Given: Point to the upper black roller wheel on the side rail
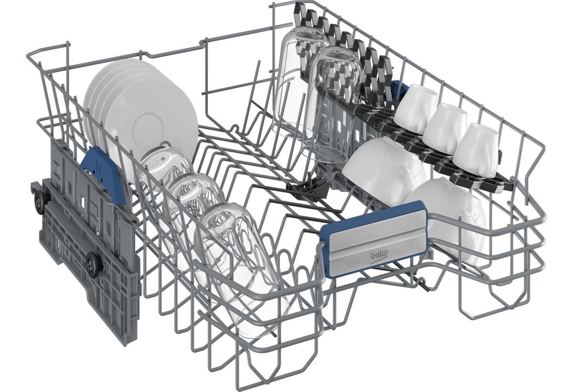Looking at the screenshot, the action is (41, 201).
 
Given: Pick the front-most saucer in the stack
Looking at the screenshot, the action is (151, 128).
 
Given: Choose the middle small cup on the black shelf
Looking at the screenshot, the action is (445, 129).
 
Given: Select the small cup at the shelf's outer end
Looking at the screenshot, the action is (477, 151).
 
